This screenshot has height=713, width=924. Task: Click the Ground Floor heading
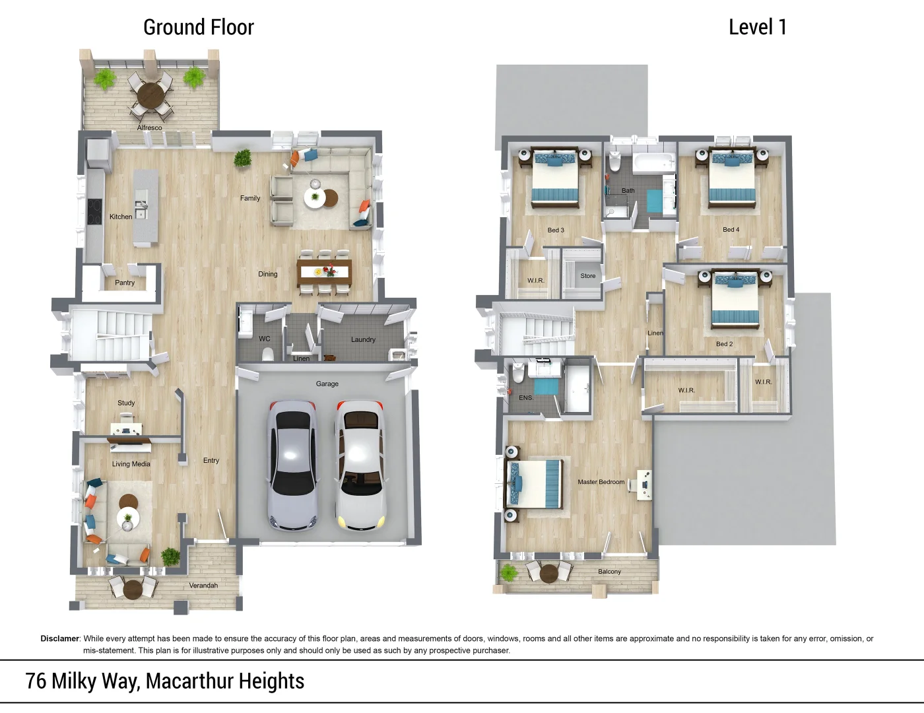pos(199,27)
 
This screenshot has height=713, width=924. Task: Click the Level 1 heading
pos(758,27)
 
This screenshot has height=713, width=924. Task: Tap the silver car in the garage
pos(293,465)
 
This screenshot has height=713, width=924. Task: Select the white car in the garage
pos(361,465)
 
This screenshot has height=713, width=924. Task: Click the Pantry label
pos(125,283)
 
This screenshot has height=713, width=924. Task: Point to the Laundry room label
pos(363,339)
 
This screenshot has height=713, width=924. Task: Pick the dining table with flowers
pos(325,271)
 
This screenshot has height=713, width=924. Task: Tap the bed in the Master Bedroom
pos(535,485)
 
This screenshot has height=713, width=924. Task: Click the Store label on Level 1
pos(588,276)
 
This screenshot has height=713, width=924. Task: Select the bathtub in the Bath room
pos(653,164)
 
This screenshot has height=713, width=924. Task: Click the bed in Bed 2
pos(736,300)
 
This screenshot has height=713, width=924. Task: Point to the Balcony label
pos(609,572)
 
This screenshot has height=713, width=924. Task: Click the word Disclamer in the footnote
pos(60,638)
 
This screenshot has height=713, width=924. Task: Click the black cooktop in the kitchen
pos(94,212)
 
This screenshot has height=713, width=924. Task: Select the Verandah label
pos(203,586)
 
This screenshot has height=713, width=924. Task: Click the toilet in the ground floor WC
pos(267,354)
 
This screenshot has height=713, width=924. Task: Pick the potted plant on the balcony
pos(508,572)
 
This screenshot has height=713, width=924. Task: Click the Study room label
pos(126,403)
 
